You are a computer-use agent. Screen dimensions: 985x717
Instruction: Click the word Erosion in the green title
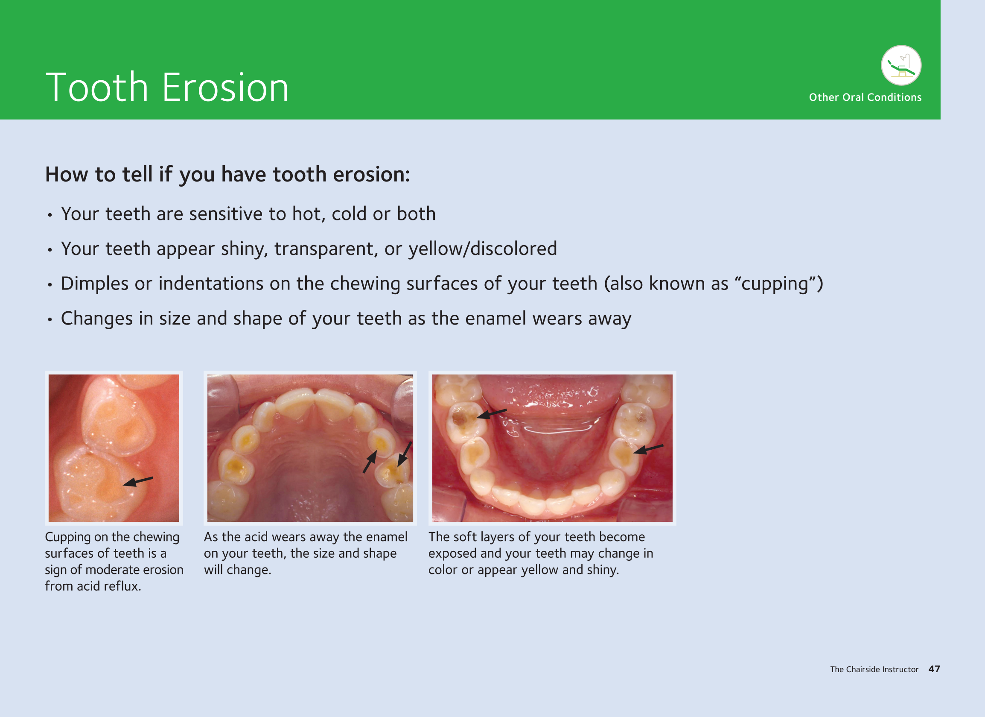tap(225, 88)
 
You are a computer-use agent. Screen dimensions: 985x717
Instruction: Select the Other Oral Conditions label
tap(865, 97)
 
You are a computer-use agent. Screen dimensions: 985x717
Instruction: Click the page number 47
tap(934, 669)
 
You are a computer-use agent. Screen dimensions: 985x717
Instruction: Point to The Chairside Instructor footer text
tap(874, 669)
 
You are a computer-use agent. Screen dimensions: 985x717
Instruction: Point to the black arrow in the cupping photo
tap(138, 481)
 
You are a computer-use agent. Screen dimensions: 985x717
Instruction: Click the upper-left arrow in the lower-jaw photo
tap(492, 414)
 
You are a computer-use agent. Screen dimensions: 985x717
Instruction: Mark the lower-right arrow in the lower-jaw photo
tap(648, 449)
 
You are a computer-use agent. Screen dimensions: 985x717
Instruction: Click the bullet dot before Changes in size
tap(50, 320)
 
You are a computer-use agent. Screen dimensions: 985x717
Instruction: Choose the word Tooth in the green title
tap(97, 88)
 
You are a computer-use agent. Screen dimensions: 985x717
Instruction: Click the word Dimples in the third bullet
tap(95, 284)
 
